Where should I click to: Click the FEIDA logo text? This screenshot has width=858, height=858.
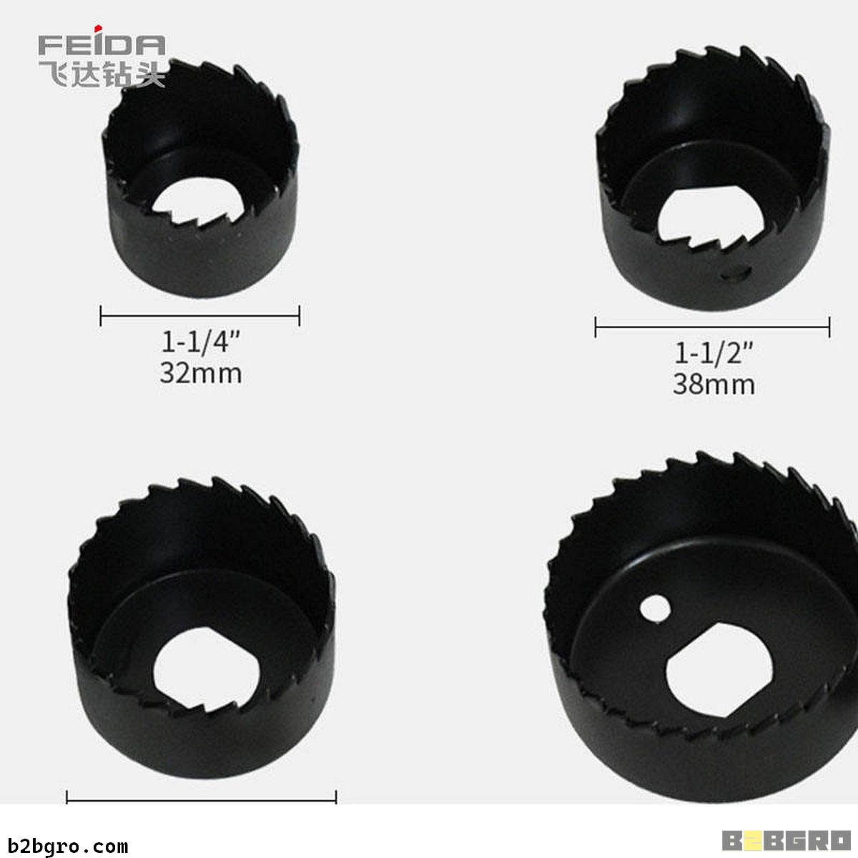[x=102, y=45]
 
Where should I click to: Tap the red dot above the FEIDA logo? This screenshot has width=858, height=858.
[x=98, y=29]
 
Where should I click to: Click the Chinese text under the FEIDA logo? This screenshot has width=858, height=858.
[x=102, y=74]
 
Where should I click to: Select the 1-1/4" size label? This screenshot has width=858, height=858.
[x=200, y=342]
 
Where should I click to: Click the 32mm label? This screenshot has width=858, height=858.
[x=201, y=373]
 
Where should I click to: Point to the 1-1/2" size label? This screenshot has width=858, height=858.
[x=714, y=353]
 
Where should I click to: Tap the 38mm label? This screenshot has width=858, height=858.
[x=714, y=384]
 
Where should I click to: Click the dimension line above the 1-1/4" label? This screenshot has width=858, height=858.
[x=200, y=316]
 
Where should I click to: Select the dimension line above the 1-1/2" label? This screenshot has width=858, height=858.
[x=712, y=327]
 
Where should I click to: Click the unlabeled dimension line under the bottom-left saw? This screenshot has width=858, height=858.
[x=201, y=801]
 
